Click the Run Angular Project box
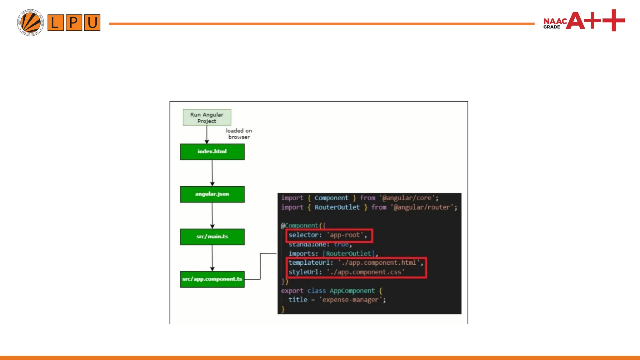(207, 117)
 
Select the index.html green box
(212, 152)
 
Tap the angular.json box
(212, 194)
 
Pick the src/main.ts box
(212, 237)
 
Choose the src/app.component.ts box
(212, 279)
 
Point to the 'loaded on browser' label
(239, 134)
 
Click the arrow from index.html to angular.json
(212, 173)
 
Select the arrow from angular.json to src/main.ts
(212, 215)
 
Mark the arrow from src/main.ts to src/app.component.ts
(212, 258)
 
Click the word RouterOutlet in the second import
(337, 207)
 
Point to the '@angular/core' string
(407, 198)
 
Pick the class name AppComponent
(352, 291)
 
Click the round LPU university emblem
(30, 22)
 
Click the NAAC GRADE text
(555, 23)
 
